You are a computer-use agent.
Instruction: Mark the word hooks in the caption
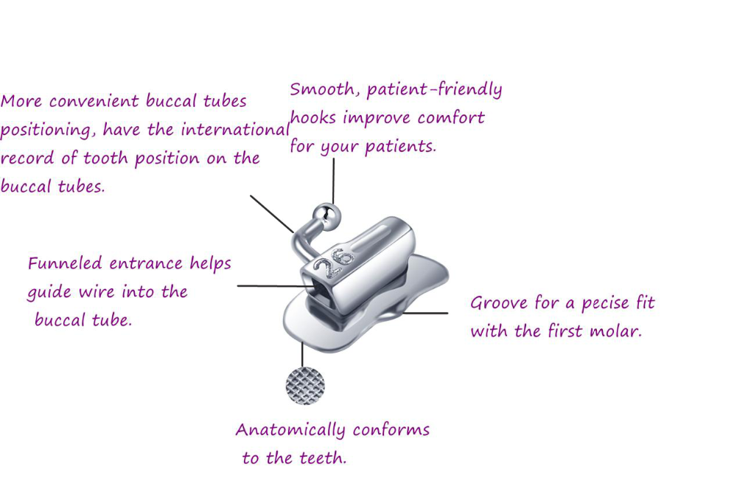click(x=312, y=118)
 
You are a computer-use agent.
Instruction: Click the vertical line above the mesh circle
click(x=302, y=355)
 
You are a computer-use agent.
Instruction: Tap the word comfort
click(x=451, y=118)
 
